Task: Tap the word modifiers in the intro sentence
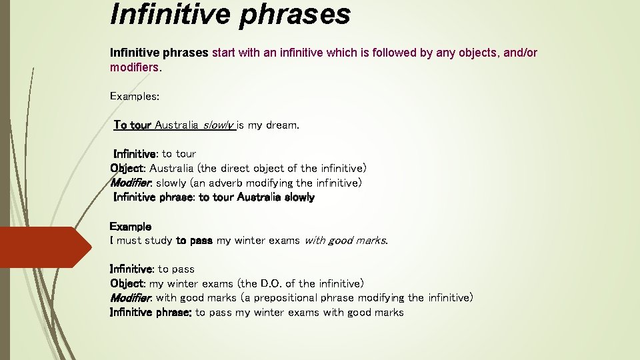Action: [x=135, y=67]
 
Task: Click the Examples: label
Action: [x=134, y=96]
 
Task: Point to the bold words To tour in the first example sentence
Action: [x=132, y=125]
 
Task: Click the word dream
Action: [x=282, y=125]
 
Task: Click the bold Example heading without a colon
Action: [x=130, y=227]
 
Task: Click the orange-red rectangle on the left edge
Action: [x=45, y=247]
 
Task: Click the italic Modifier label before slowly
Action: [x=131, y=183]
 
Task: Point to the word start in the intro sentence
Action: [x=224, y=53]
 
